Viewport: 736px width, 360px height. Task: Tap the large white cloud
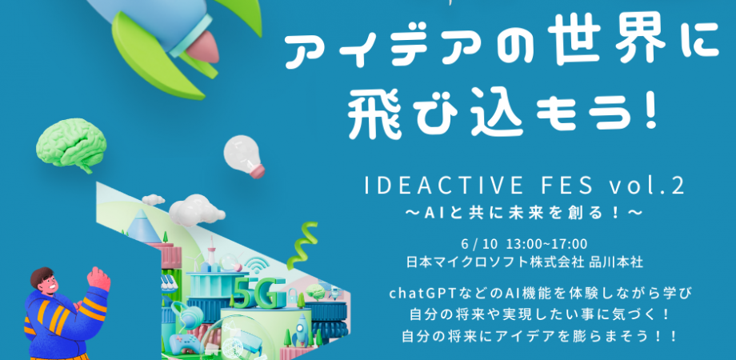click(195, 210)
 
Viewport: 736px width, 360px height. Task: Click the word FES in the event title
click(560, 187)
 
